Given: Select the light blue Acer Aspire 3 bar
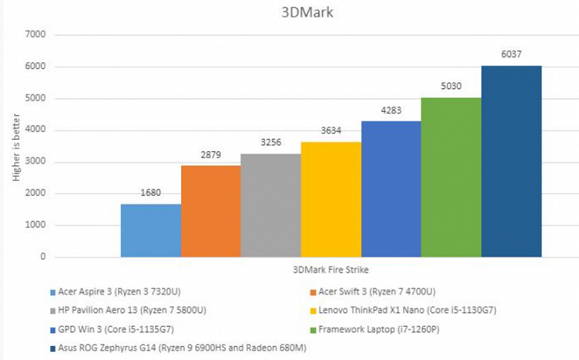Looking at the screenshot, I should tap(151, 230).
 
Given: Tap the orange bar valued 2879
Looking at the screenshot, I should tap(211, 212).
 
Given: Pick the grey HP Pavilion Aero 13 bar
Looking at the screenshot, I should tap(271, 206).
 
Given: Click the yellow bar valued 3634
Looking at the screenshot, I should tap(331, 200).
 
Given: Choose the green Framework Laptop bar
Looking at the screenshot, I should tap(451, 177).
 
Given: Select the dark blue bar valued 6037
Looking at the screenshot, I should tap(511, 161).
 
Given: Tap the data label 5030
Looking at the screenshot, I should tap(451, 87).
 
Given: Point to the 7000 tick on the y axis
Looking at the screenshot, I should tap(36, 34).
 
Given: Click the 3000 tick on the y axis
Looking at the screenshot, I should tap(36, 162).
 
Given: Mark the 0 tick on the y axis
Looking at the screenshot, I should tap(43, 257).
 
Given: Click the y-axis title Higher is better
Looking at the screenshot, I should tap(16, 145).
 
